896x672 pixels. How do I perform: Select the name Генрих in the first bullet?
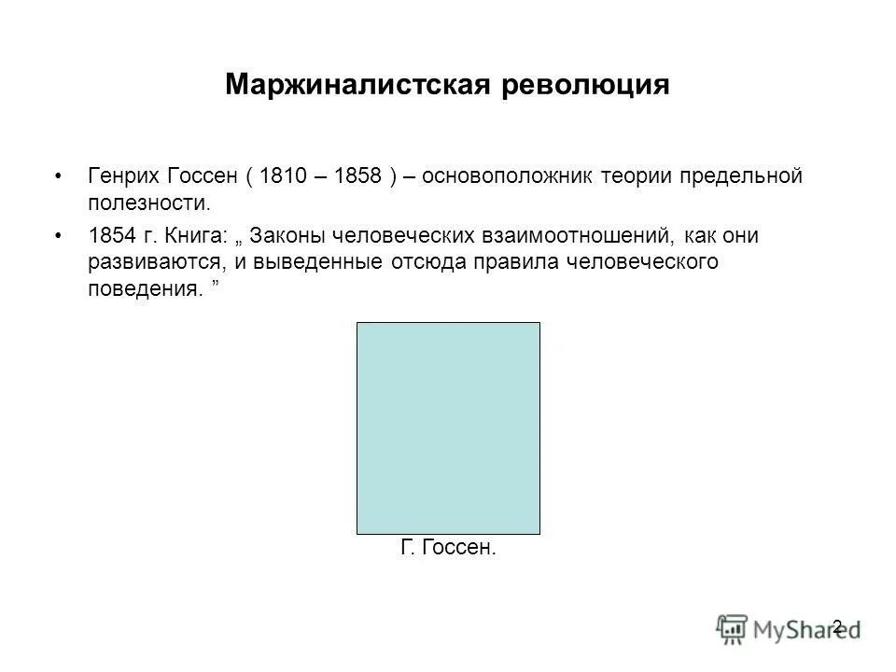pyautogui.click(x=123, y=176)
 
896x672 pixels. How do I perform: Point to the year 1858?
pyautogui.click(x=356, y=176)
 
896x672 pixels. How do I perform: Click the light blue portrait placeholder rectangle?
pyautogui.click(x=448, y=427)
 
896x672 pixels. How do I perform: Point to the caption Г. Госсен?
pyautogui.click(x=448, y=547)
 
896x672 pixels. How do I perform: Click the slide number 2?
pyautogui.click(x=837, y=625)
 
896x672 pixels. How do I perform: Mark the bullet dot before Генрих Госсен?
pyautogui.click(x=61, y=177)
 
